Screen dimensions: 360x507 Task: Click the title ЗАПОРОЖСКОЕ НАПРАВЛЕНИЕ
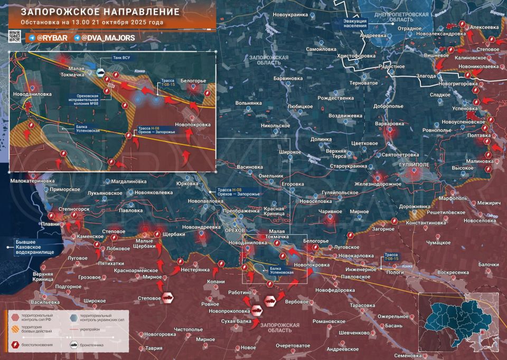click(84, 12)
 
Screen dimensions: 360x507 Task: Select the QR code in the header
click(14, 36)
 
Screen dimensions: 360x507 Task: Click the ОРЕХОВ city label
click(235, 231)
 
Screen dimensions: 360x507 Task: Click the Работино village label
click(239, 292)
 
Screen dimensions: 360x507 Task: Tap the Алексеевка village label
click(484, 27)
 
